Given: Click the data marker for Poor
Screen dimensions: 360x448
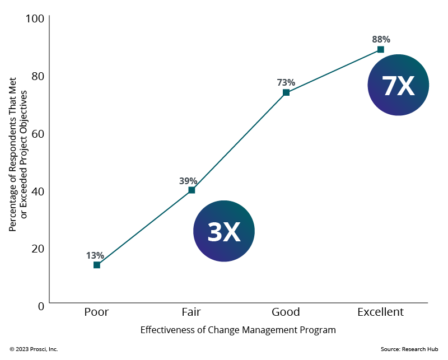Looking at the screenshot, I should pyautogui.click(x=97, y=265).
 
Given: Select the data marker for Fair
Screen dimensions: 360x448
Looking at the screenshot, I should pyautogui.click(x=192, y=190).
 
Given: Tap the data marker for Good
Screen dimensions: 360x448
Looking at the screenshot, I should pyautogui.click(x=286, y=92).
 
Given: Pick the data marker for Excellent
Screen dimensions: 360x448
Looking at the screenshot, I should pyautogui.click(x=381, y=49).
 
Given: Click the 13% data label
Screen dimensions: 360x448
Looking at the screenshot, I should pyautogui.click(x=95, y=255).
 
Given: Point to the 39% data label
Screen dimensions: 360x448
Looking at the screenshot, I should pyautogui.click(x=188, y=181).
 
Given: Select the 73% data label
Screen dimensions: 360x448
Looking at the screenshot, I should pyautogui.click(x=286, y=82).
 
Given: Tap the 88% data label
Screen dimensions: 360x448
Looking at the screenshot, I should pyautogui.click(x=381, y=39).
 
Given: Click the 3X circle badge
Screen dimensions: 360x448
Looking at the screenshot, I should pyautogui.click(x=224, y=231).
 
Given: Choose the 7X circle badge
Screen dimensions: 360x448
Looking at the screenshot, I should pyautogui.click(x=398, y=85).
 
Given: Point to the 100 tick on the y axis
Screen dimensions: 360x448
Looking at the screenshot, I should pyautogui.click(x=35, y=18).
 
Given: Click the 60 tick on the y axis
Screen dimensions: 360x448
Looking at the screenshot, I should pyautogui.click(x=38, y=133).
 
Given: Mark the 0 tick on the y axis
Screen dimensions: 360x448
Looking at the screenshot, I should pyautogui.click(x=41, y=306).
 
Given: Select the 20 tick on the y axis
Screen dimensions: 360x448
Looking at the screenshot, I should pyautogui.click(x=38, y=248).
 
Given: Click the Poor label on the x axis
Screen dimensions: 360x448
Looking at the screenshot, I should pyautogui.click(x=97, y=312).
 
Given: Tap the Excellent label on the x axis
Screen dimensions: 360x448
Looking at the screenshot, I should pyautogui.click(x=381, y=312).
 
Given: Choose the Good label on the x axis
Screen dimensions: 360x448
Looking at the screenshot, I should pyautogui.click(x=286, y=312).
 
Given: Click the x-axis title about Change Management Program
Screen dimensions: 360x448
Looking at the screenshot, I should pyautogui.click(x=238, y=330).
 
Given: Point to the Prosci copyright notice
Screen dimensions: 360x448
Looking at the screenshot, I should pyautogui.click(x=34, y=349).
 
